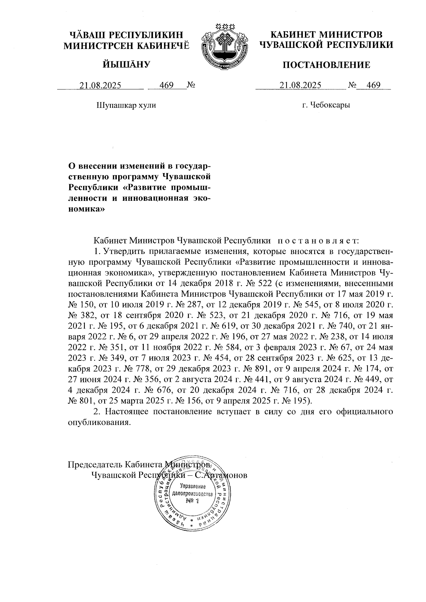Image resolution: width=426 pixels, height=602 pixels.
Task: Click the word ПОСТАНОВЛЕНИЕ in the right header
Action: click(326, 65)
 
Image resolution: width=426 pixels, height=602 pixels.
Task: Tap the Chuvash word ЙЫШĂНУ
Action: click(127, 64)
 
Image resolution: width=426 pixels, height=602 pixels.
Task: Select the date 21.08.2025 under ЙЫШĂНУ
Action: click(100, 85)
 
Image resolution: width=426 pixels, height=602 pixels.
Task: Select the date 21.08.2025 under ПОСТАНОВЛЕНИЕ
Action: click(301, 85)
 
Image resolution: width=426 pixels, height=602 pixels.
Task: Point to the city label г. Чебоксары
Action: click(326, 105)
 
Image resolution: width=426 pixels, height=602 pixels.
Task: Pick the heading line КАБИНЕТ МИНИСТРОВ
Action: click(326, 35)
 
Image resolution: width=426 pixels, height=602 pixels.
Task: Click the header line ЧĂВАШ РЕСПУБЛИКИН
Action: click(127, 35)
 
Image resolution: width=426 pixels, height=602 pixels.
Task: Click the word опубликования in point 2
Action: click(97, 422)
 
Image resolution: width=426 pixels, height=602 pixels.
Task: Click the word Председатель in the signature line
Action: click(91, 464)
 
